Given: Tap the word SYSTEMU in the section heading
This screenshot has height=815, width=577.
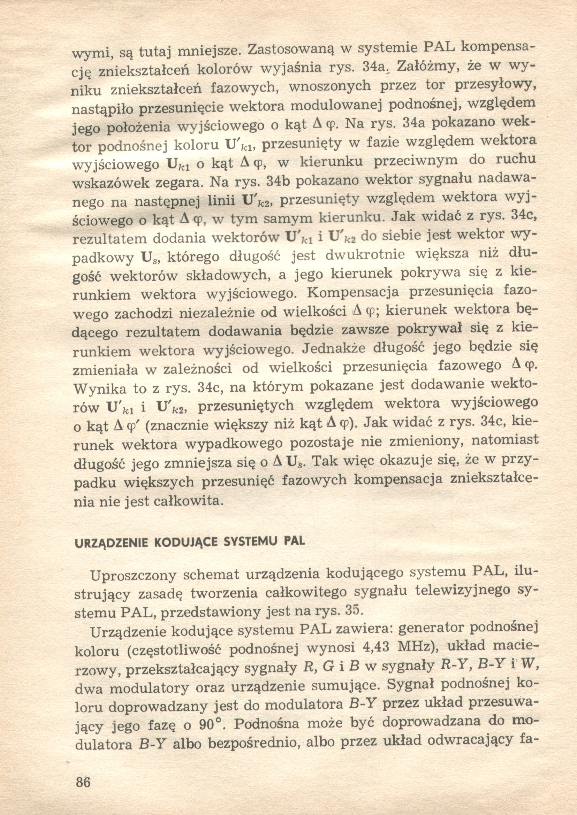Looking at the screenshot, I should [252, 542].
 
